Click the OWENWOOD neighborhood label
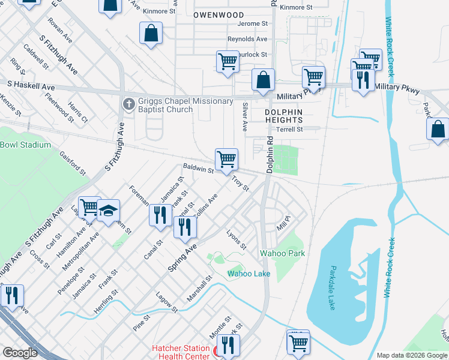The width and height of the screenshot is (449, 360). [219, 14]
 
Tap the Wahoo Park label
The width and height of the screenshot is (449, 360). [282, 253]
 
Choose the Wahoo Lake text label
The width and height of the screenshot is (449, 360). [249, 274]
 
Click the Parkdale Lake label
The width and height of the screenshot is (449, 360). [331, 287]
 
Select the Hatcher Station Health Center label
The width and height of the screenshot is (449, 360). [180, 352]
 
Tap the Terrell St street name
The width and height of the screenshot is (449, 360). [289, 129]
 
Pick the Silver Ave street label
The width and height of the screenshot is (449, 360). [244, 116]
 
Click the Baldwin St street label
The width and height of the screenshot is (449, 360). [198, 170]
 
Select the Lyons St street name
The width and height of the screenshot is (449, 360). [236, 239]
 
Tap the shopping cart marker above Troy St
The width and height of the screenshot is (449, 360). [226, 160]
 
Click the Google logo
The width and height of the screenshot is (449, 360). [20, 353]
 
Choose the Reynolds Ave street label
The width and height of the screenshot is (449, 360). [247, 39]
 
